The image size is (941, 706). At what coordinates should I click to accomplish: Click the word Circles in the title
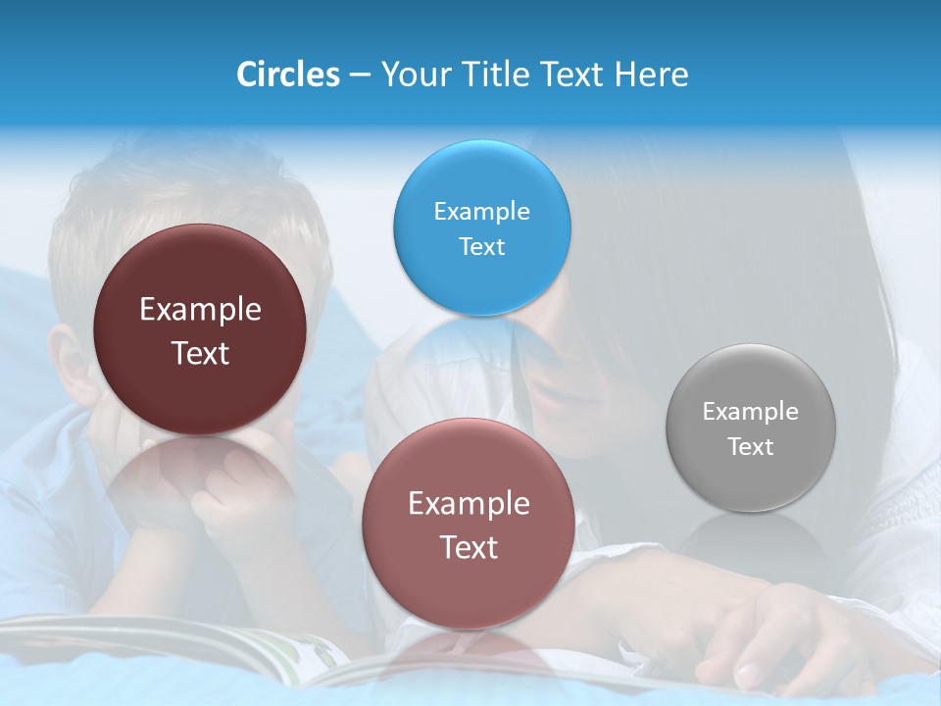(288, 75)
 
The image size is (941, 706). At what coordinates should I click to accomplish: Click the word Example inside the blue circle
(481, 211)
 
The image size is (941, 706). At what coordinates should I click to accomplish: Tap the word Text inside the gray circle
(751, 446)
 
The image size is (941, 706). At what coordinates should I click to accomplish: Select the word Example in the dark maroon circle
(200, 310)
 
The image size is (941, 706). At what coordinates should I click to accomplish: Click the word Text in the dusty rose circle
(469, 547)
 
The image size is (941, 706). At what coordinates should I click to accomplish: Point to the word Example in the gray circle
(751, 411)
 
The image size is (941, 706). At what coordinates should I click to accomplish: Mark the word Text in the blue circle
(481, 246)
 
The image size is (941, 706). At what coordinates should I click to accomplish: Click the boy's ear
(67, 363)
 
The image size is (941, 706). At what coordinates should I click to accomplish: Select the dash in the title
(360, 76)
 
